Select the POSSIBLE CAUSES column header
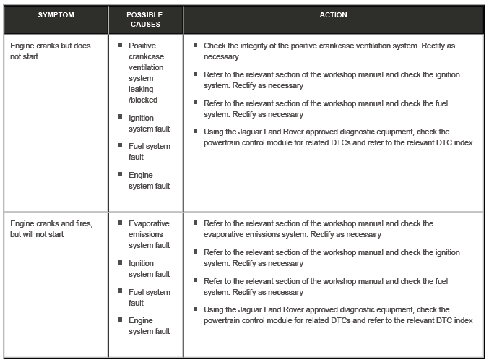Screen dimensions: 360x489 pyautogui.click(x=144, y=19)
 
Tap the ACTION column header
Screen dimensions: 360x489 pyautogui.click(x=333, y=14)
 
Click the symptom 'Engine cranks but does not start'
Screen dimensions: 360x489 pyautogui.click(x=50, y=50)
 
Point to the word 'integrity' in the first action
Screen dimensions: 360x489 pyautogui.click(x=257, y=45)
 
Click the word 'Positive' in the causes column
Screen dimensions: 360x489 pyautogui.click(x=143, y=45)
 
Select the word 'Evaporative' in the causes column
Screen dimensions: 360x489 pyautogui.click(x=149, y=224)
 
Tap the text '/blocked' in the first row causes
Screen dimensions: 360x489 pyautogui.click(x=144, y=100)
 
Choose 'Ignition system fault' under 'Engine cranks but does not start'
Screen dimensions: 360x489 pyautogui.click(x=149, y=123)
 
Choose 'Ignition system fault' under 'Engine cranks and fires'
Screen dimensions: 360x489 pyautogui.click(x=149, y=269)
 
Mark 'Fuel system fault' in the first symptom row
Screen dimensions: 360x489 pyautogui.click(x=149, y=150)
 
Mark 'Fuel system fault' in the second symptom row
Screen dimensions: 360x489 pyautogui.click(x=149, y=296)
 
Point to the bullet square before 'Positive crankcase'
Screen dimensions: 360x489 pyautogui.click(x=121, y=45)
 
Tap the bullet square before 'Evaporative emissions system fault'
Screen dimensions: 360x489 pyautogui.click(x=121, y=223)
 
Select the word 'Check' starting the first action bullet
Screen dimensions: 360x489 pyautogui.click(x=215, y=45)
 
